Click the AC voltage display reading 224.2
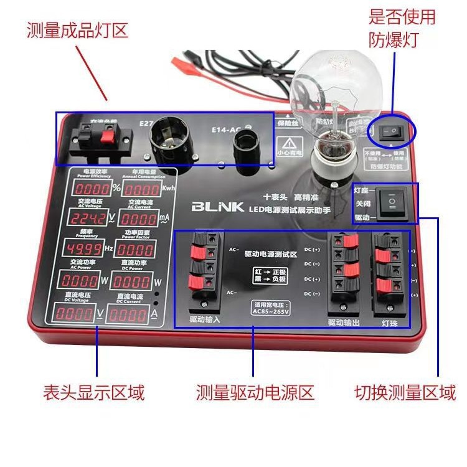click(89, 219)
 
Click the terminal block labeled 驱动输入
click(205, 272)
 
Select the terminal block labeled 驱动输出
click(344, 271)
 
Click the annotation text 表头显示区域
click(93, 393)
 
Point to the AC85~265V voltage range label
click(271, 310)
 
